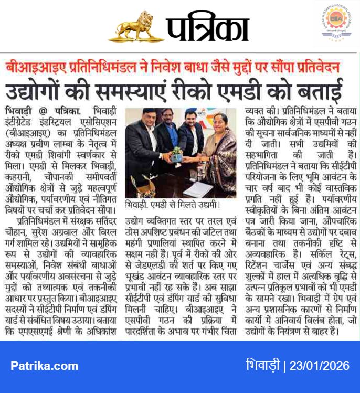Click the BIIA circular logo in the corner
335,21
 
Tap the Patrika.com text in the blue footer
44,365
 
